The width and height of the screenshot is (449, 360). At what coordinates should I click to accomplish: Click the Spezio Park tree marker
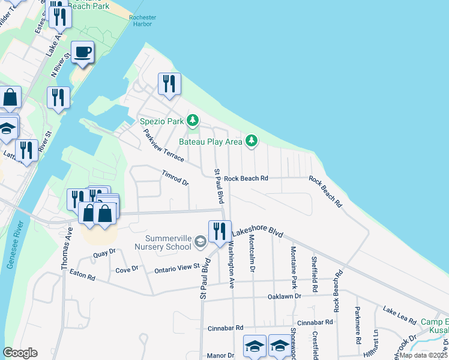(x=192, y=121)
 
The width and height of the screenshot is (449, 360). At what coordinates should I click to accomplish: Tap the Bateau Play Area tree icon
(x=252, y=142)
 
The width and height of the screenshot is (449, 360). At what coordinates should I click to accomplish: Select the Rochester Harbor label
(x=142, y=22)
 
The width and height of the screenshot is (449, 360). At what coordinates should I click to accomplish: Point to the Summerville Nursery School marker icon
(x=201, y=242)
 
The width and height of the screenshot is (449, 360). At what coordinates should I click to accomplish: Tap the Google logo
(x=20, y=353)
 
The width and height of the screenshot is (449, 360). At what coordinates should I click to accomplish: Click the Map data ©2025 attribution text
(x=423, y=355)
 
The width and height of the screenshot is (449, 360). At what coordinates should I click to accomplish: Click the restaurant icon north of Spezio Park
(x=169, y=83)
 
